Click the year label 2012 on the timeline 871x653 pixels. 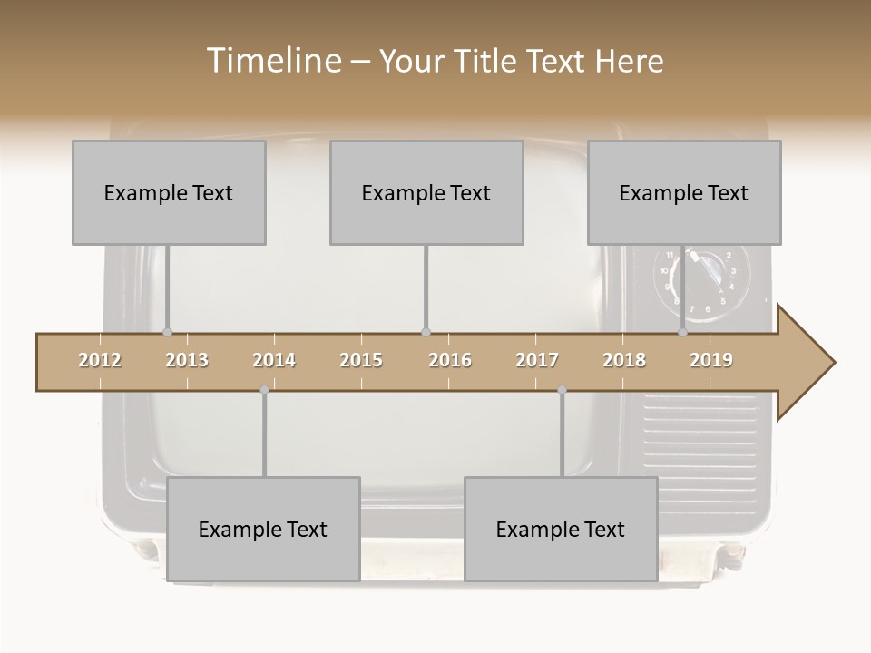pyautogui.click(x=100, y=360)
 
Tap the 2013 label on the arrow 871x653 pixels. pyautogui.click(x=187, y=360)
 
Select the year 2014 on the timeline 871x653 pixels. pyautogui.click(x=274, y=360)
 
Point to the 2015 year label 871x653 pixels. pyautogui.click(x=361, y=360)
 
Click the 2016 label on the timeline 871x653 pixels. pyautogui.click(x=450, y=360)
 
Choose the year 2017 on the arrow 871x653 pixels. pyautogui.click(x=537, y=360)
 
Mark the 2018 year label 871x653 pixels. pyautogui.click(x=624, y=360)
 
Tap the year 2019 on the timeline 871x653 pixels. pyautogui.click(x=711, y=360)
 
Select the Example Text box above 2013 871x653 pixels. pyautogui.click(x=169, y=192)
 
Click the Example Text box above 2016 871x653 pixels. pyautogui.click(x=426, y=192)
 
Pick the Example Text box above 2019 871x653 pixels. pyautogui.click(x=684, y=192)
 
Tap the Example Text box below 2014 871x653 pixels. pyautogui.click(x=263, y=529)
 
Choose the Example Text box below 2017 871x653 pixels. pyautogui.click(x=561, y=529)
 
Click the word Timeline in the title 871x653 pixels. pyautogui.click(x=272, y=61)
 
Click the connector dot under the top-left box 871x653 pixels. pyautogui.click(x=167, y=332)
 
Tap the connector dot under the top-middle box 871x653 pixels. pyautogui.click(x=426, y=332)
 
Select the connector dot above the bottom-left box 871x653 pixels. pyautogui.click(x=264, y=390)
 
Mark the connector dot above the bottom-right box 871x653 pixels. pyautogui.click(x=562, y=390)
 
